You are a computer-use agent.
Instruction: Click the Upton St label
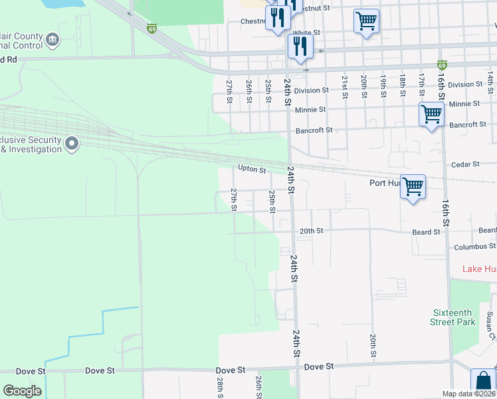pos(252,170)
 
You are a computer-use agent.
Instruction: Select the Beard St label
pos(426,232)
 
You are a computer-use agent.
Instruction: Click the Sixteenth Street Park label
pos(453,317)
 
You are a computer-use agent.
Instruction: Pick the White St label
pos(306,33)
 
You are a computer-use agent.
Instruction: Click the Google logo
pos(22,391)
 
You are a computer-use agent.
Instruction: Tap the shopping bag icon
pos(483,382)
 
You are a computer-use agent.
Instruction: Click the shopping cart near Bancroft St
pos(432,114)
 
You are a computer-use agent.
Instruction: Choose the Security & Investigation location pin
pos(72,143)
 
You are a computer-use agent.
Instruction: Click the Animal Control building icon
pos(52,41)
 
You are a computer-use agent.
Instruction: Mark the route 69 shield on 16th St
pos(442,65)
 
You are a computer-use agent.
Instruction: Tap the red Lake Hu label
pos(479,269)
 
